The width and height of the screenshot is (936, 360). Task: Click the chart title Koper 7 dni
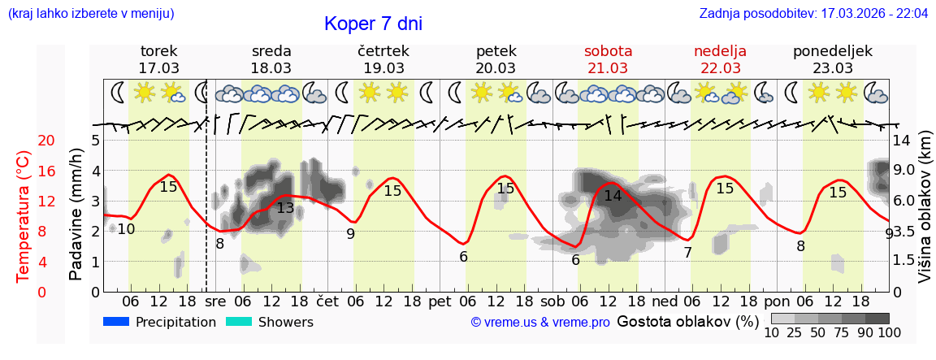pos(373,24)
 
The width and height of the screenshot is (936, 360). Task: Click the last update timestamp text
pos(813,14)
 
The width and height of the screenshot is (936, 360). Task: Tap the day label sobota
pos(608,51)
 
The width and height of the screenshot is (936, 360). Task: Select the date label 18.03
pos(271,68)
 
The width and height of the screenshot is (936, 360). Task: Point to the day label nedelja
pos(720,51)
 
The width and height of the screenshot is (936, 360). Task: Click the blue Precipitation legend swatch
pos(117,322)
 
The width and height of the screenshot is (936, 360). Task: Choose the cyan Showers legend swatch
pos(239,322)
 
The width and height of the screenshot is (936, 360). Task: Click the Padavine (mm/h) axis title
pos(76,215)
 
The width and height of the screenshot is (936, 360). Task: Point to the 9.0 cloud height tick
pos(905,171)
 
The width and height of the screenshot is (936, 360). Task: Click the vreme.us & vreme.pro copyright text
pos(540,323)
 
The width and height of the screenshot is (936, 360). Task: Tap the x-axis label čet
pos(327,301)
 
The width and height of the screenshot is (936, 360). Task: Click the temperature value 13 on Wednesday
pos(285,208)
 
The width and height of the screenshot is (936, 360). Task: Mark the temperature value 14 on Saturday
pos(613,196)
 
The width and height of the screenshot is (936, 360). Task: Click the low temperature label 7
pos(687,253)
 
